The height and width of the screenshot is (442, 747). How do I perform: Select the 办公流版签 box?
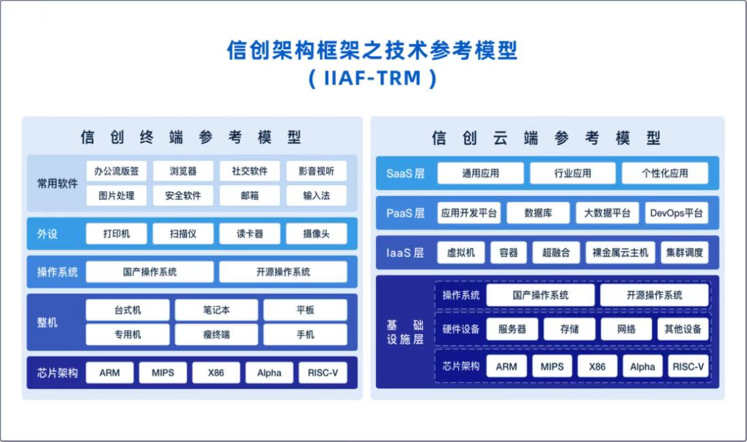coord(116,171)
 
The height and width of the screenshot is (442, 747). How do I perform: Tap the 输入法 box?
coord(316,196)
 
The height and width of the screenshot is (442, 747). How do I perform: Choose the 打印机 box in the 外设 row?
coord(116,234)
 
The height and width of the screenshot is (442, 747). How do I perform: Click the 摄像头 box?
coord(316,234)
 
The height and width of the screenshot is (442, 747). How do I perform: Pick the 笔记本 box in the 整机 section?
coord(216,310)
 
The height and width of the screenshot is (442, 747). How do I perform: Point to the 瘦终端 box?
coord(216,335)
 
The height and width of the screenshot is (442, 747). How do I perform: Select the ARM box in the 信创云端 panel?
coord(506,367)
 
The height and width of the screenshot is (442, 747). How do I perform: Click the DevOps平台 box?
coord(676,213)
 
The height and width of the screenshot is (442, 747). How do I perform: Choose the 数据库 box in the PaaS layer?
coord(537,213)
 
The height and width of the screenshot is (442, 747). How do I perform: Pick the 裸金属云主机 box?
coord(620,252)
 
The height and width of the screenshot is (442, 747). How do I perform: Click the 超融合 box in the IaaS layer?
coord(556,252)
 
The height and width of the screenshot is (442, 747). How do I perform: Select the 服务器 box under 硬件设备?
coord(512,329)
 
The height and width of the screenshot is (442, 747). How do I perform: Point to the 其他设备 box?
coord(683,329)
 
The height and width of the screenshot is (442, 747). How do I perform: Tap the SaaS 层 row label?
coord(405,173)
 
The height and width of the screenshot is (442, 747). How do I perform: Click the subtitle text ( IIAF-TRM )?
coord(373,78)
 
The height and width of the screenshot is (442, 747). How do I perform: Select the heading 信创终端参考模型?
coord(192,137)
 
